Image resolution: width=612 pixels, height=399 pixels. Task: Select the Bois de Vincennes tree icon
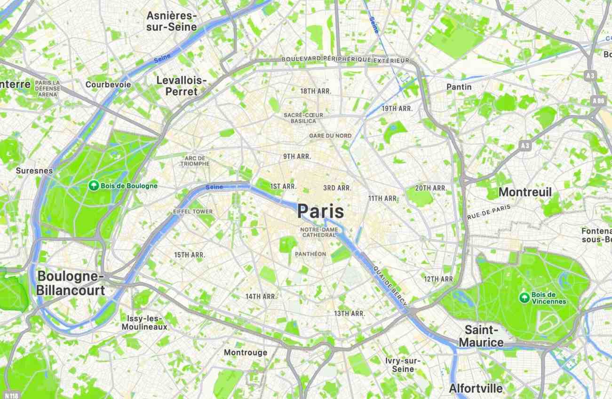(524, 297)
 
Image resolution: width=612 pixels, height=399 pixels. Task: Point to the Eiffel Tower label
(193, 211)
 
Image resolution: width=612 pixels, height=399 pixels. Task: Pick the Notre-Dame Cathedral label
(319, 232)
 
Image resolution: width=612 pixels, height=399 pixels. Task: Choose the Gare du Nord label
(330, 136)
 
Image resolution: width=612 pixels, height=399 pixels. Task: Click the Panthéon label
(310, 254)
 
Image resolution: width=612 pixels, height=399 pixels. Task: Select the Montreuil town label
(525, 192)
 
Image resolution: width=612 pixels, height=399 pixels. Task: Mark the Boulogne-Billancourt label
(71, 283)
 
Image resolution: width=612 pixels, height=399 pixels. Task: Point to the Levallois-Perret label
(182, 86)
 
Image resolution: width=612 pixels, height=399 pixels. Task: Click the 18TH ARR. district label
(316, 91)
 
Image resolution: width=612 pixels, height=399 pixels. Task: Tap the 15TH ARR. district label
(189, 255)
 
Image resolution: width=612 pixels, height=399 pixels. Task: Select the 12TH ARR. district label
(439, 279)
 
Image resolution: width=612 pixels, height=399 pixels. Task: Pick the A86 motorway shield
(599, 100)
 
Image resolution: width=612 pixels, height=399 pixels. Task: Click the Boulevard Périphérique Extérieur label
(345, 60)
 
